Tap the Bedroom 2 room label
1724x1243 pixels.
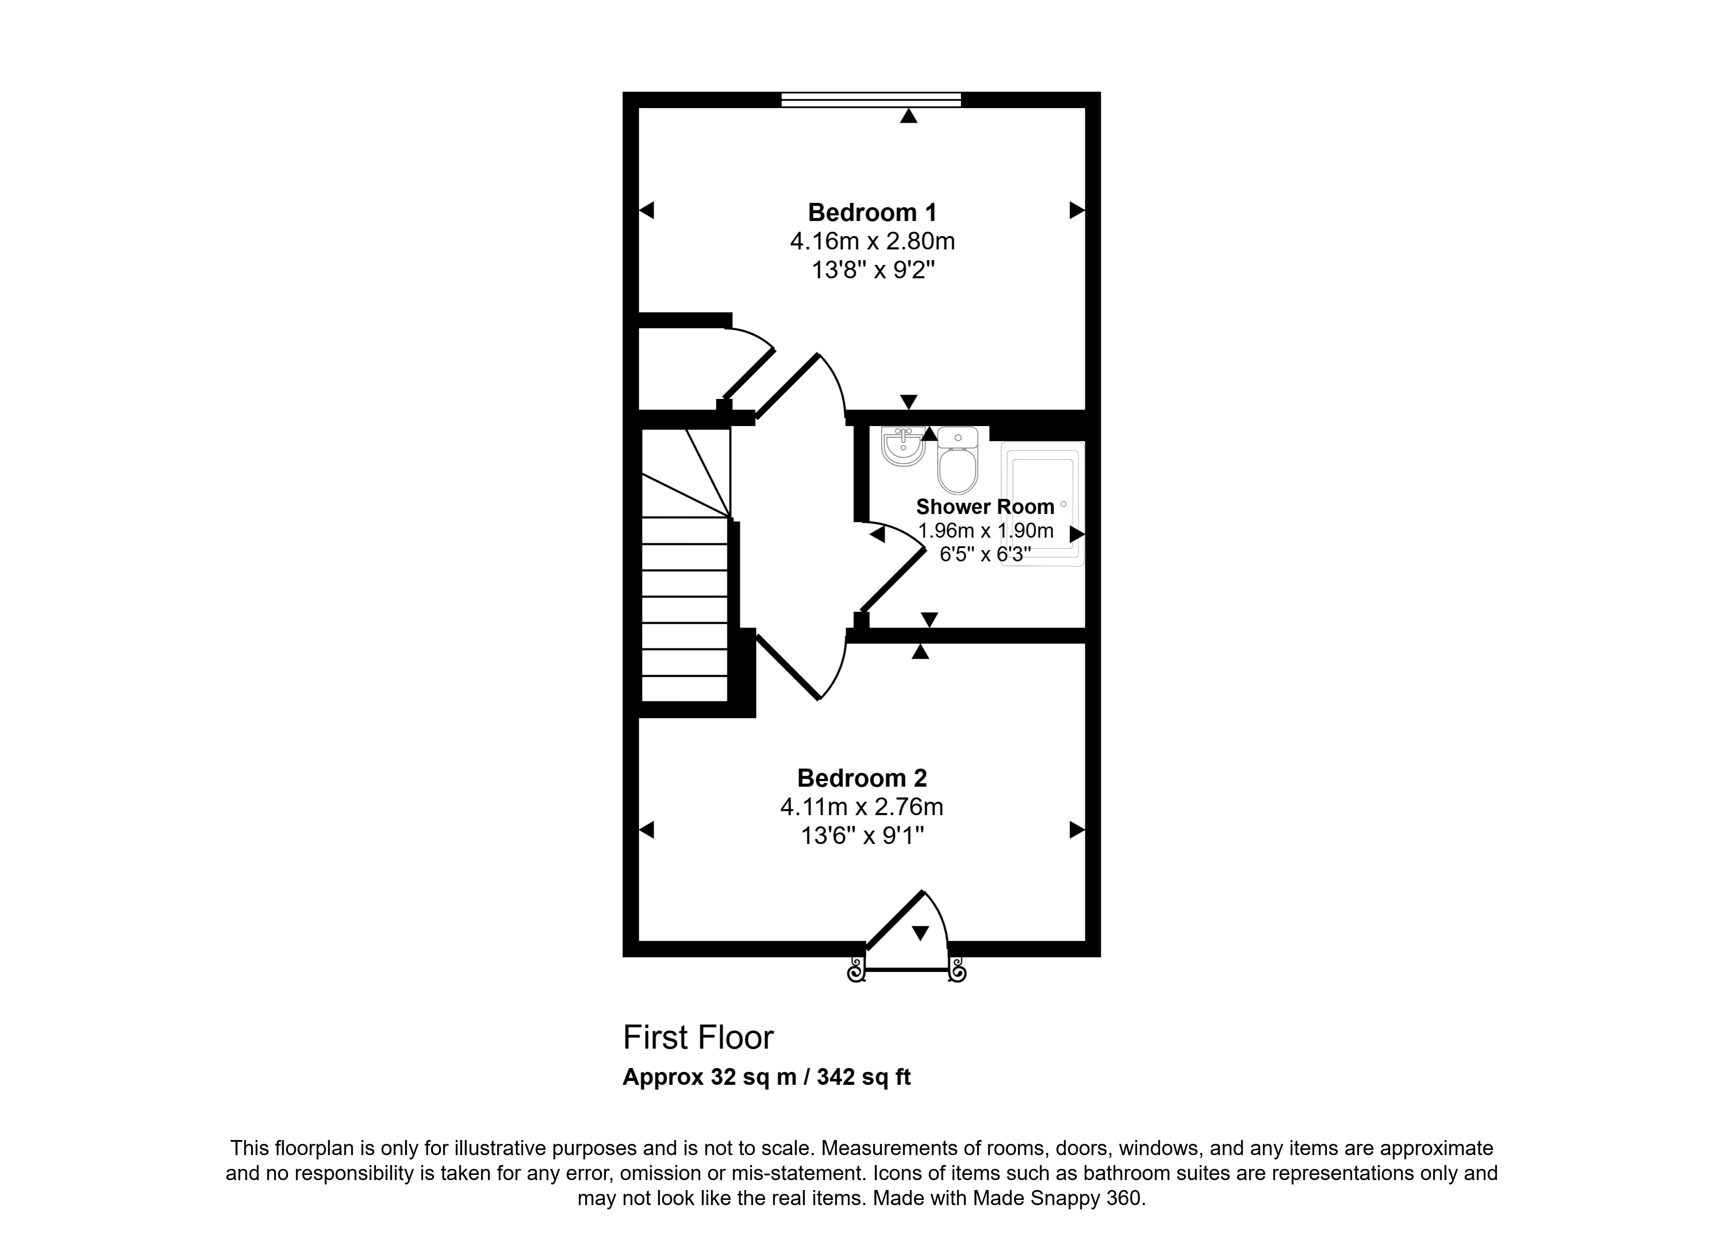tap(862, 778)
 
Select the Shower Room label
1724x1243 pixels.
tap(985, 507)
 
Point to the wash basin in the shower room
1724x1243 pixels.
tap(903, 446)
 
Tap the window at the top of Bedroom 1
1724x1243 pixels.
tap(871, 100)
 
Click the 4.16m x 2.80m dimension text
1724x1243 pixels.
tap(873, 242)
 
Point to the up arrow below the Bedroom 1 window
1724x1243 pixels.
tap(909, 115)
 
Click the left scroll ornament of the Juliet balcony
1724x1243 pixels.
tap(857, 970)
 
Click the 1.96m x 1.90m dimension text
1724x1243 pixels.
tap(986, 530)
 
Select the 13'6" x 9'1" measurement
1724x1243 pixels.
tap(862, 836)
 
